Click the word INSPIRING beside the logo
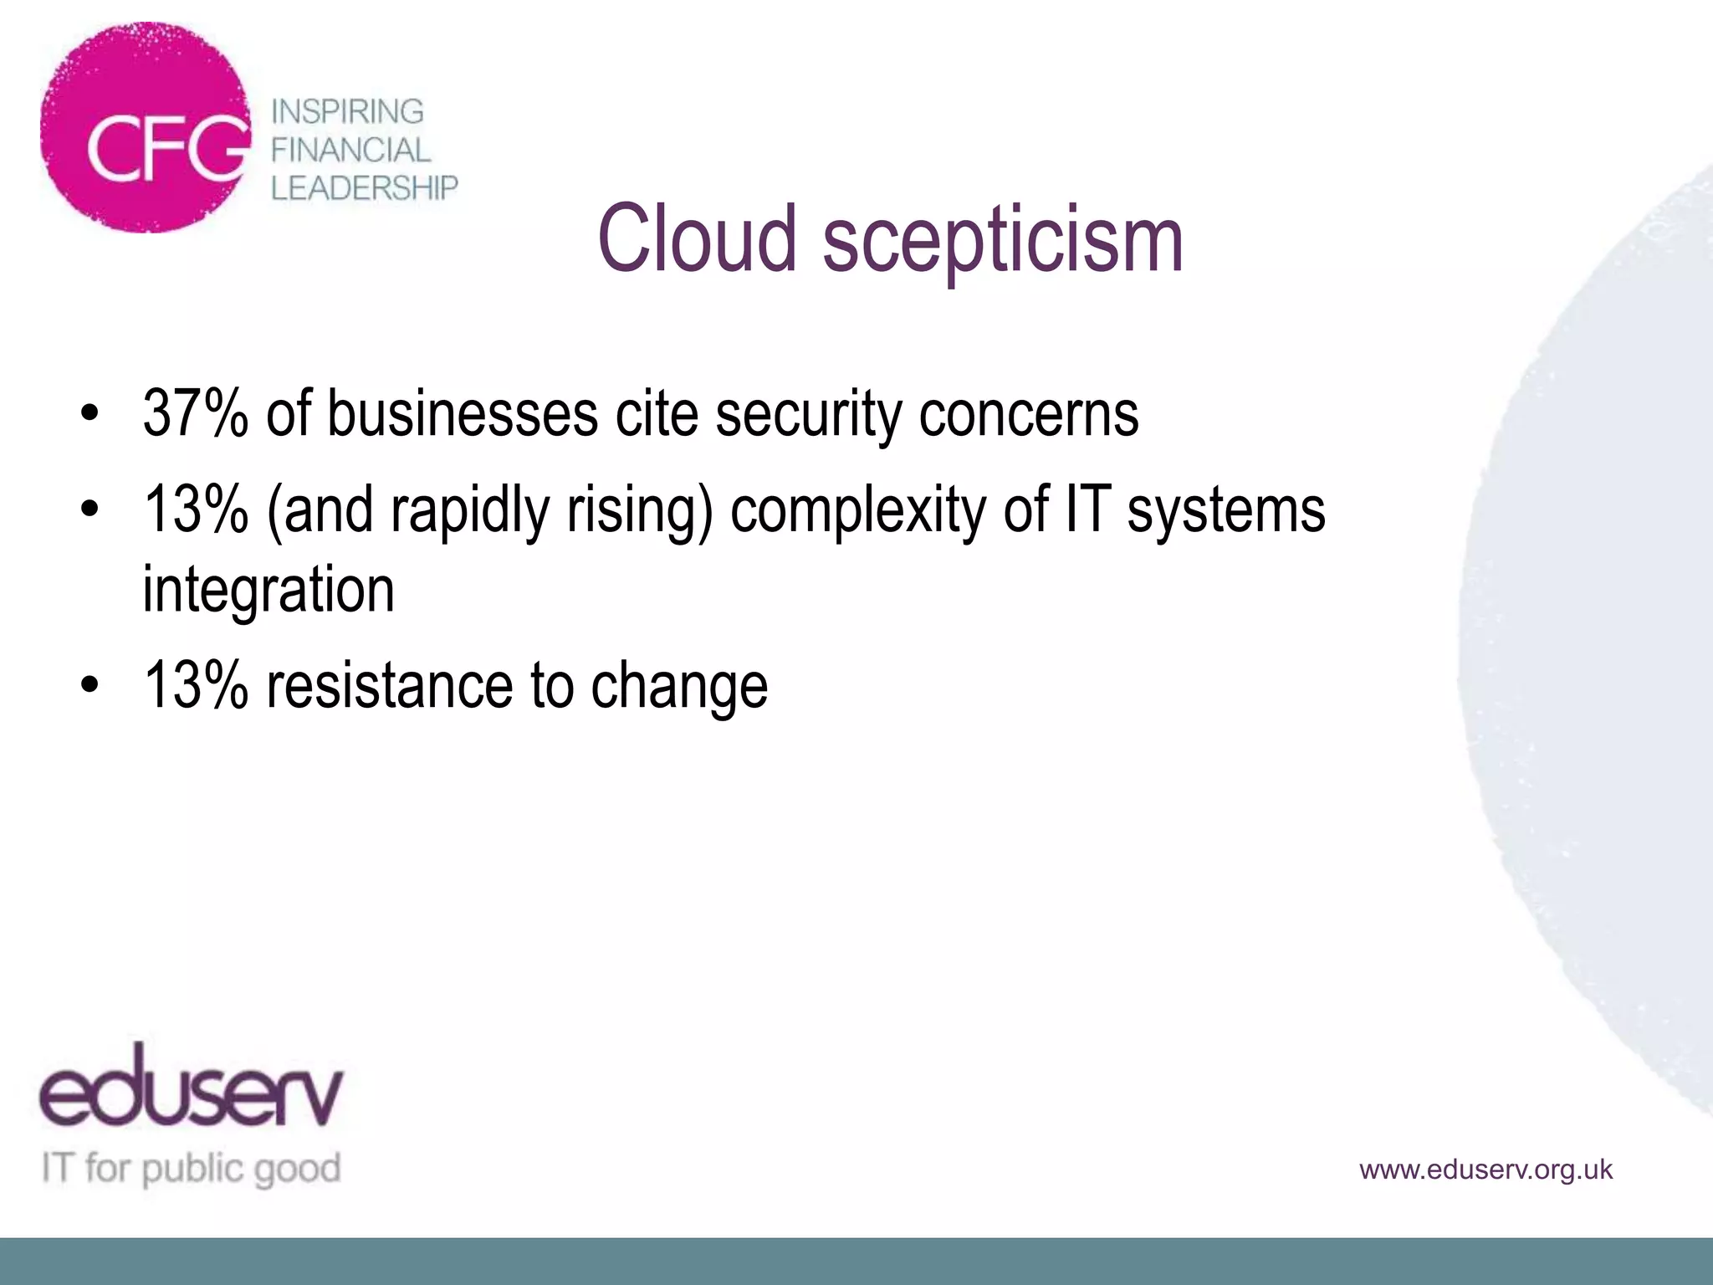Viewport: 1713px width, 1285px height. coord(347,111)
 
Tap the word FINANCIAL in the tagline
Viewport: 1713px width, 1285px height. coord(350,150)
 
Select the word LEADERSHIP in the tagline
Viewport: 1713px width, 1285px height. coord(365,188)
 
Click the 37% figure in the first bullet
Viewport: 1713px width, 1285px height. coord(195,413)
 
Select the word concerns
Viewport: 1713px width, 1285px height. coord(1029,415)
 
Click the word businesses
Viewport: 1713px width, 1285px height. coord(463,413)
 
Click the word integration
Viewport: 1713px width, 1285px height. coord(268,591)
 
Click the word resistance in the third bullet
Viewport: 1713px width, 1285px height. coord(389,686)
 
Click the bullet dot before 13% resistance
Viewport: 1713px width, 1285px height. coord(90,685)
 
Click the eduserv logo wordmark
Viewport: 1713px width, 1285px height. coord(191,1088)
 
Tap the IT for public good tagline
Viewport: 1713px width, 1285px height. coord(192,1168)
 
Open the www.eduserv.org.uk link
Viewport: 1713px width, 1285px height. coord(1485,1170)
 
